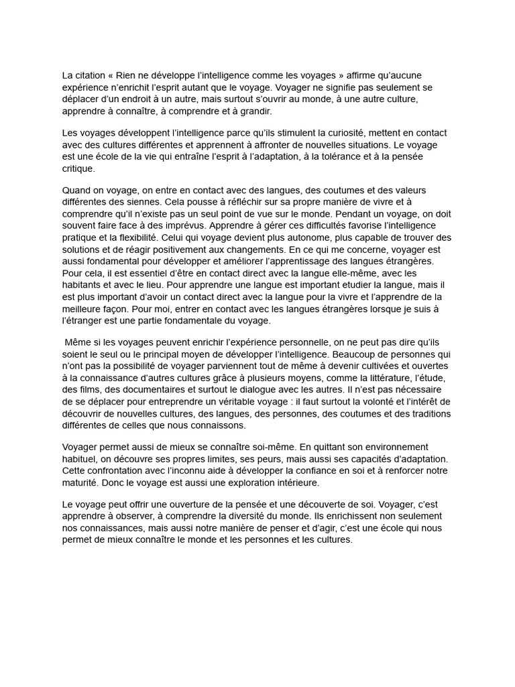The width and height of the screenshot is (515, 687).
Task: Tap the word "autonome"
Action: tap(265, 237)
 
